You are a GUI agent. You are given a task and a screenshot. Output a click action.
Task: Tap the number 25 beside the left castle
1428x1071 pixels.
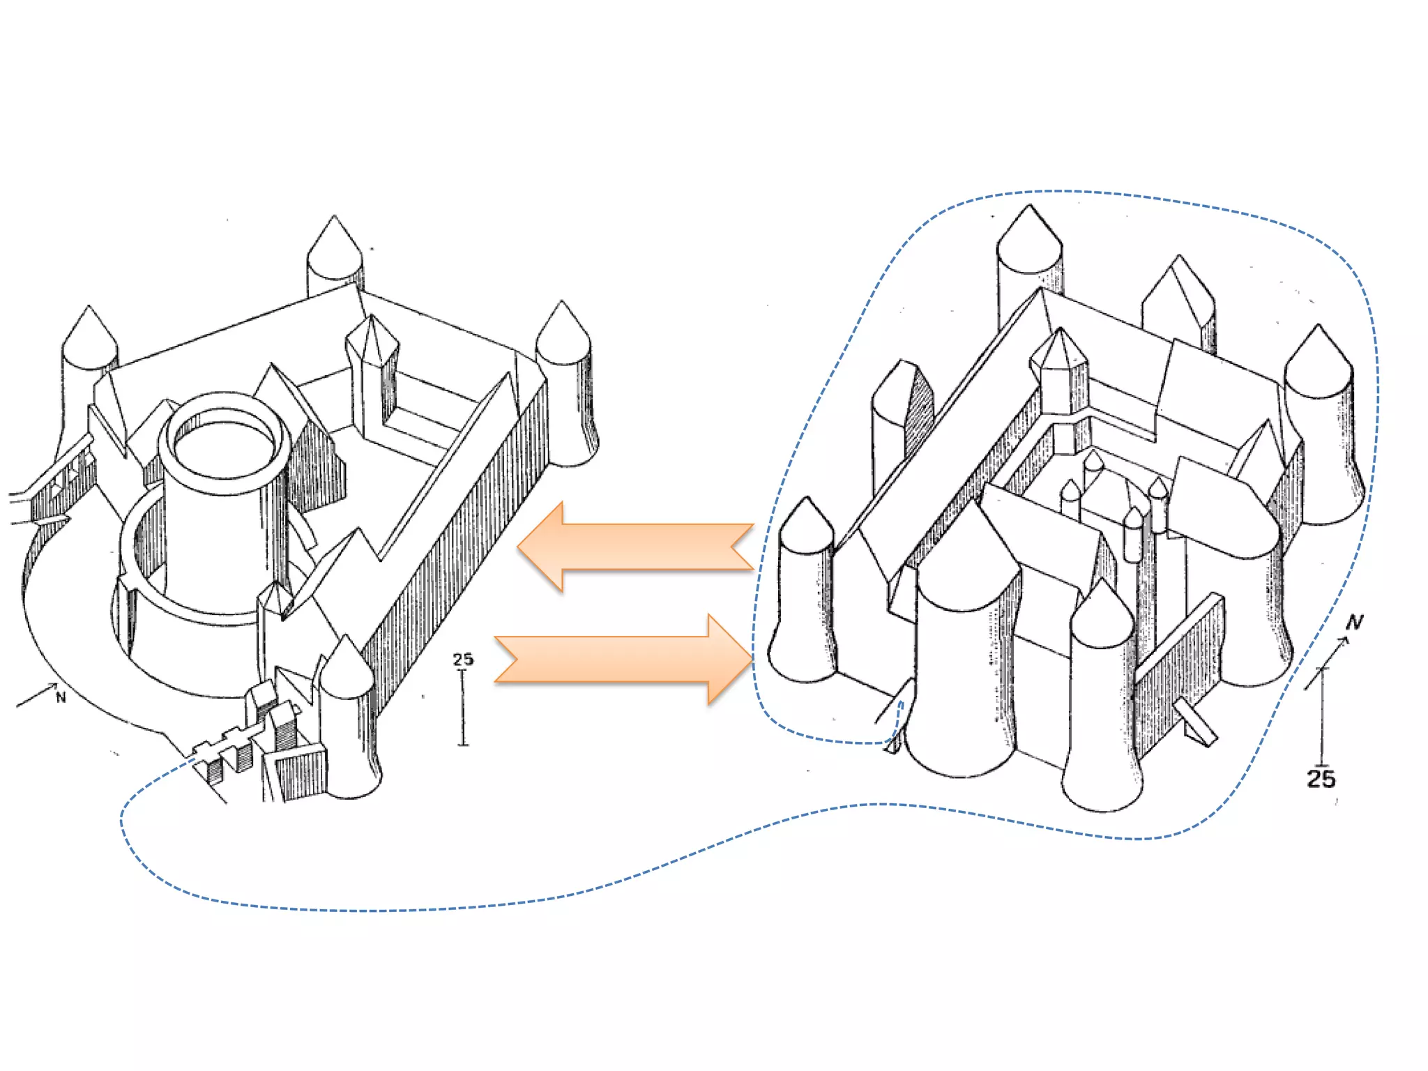click(x=463, y=659)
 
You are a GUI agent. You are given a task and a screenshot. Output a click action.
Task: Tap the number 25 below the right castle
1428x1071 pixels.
click(x=1321, y=779)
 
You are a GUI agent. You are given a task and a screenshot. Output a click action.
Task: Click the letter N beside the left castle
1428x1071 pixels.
click(x=61, y=697)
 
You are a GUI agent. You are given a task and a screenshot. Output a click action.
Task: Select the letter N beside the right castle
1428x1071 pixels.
click(x=1354, y=622)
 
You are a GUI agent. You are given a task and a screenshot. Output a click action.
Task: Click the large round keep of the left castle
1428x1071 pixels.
click(x=225, y=502)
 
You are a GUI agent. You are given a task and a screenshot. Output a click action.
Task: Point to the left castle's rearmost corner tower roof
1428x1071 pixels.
click(x=335, y=248)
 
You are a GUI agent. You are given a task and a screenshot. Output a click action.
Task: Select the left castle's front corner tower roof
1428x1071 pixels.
click(x=346, y=666)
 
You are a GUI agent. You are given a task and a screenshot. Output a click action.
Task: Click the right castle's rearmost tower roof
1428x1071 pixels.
click(x=1029, y=237)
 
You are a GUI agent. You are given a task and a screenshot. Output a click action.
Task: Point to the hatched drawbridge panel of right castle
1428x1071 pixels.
click(x=1178, y=669)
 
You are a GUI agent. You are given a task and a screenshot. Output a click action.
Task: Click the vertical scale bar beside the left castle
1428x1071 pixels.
click(x=463, y=708)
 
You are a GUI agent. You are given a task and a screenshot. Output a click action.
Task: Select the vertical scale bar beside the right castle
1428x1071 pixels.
click(x=1322, y=718)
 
